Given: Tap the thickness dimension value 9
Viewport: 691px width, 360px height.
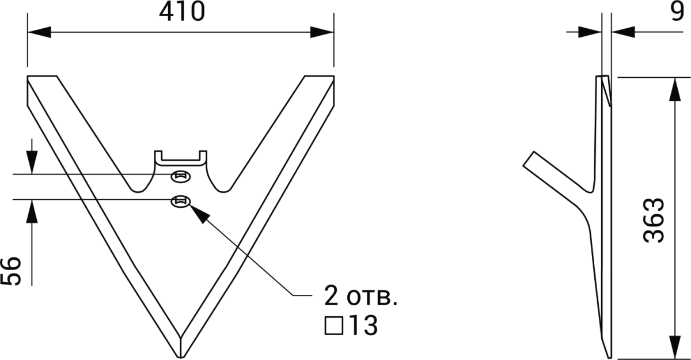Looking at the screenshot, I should (679, 11).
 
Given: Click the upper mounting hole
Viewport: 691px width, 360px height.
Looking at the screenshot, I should (181, 177).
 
